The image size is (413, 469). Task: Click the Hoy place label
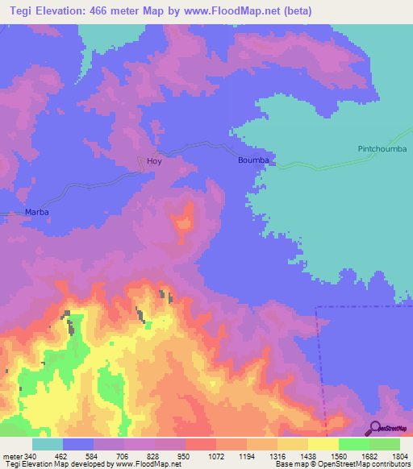pos(154,162)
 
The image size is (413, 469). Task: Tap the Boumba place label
pos(252,161)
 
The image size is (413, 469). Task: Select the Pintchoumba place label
pos(382,149)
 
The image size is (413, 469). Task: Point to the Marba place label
pos(37,212)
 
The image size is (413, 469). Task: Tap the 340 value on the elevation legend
pos(28,458)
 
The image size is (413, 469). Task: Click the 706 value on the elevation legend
pos(123,458)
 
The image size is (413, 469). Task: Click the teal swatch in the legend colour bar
pos(48,444)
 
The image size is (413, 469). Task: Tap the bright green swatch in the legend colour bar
pos(353,444)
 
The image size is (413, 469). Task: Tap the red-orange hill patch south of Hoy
pos(185,220)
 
